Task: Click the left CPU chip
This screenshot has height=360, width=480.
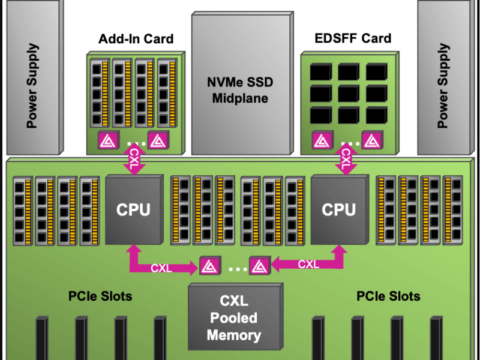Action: (133, 209)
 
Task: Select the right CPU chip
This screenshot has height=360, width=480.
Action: (338, 209)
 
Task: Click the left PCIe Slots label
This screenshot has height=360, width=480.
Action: (100, 296)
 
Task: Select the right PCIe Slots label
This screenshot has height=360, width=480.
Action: (388, 296)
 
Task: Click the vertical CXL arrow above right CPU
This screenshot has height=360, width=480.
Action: (346, 160)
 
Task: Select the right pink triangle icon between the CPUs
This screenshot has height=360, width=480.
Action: (259, 266)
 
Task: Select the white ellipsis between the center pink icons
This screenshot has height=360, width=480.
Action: (235, 268)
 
